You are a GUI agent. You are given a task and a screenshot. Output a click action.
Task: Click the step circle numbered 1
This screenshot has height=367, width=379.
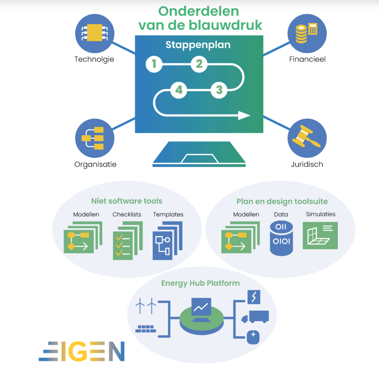154,64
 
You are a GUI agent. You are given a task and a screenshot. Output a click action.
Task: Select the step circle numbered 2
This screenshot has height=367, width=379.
199,64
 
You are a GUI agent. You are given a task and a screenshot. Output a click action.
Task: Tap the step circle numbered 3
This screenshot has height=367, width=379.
219,90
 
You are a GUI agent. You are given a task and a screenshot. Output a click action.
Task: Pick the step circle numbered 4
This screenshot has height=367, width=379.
179,90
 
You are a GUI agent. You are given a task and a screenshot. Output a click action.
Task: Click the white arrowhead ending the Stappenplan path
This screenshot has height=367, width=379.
244,115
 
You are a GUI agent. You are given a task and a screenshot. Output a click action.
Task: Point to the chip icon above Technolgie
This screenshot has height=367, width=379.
95,33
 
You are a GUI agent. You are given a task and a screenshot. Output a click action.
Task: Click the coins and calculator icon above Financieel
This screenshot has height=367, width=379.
307,33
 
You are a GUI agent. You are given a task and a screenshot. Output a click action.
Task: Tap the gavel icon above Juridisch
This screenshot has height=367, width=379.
307,138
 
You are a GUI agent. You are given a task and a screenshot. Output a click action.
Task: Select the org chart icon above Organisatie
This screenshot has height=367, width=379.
95,138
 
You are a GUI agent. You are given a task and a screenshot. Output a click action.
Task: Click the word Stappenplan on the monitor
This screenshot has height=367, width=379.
198,45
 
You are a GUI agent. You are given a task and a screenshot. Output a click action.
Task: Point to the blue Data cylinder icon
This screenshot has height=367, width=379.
281,238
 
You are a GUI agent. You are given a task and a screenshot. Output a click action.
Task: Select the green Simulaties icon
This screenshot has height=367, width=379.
320,236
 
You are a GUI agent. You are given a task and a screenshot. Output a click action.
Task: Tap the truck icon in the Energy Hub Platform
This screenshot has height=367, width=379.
256,317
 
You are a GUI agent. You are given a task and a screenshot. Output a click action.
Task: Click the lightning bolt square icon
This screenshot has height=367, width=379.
254,297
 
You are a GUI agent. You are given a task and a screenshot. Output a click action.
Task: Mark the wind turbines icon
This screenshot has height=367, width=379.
146,306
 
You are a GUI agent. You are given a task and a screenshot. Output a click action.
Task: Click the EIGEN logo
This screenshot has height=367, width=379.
82,351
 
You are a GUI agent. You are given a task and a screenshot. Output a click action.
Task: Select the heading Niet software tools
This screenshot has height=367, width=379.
127,201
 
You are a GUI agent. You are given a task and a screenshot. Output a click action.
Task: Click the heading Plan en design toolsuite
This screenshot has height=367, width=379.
282,201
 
